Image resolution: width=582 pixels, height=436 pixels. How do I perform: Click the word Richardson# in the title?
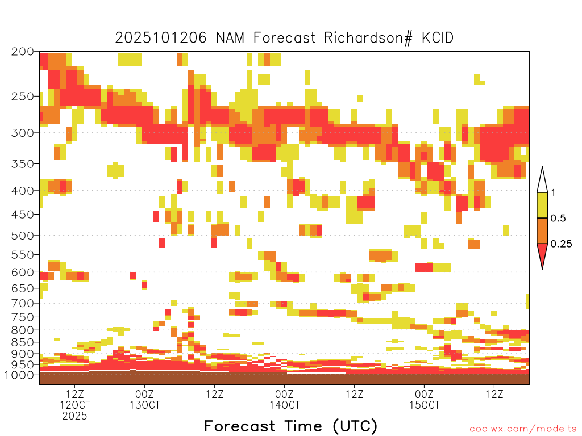click(x=370, y=38)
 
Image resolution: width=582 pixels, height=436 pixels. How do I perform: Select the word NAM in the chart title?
click(x=231, y=38)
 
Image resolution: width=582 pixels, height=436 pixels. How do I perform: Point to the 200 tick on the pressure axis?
click(x=23, y=52)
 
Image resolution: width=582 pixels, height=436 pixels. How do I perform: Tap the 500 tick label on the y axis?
click(x=23, y=235)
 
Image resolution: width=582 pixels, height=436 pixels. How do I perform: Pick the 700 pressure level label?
click(x=23, y=303)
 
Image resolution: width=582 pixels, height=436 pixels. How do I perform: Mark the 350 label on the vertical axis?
click(x=23, y=164)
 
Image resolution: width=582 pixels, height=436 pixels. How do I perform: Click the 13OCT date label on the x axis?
click(x=144, y=405)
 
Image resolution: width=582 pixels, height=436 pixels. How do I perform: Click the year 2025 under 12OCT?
click(x=75, y=416)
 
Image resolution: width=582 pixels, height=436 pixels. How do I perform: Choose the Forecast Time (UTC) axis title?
click(x=290, y=426)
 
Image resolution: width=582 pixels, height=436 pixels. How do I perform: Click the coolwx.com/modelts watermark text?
click(x=523, y=429)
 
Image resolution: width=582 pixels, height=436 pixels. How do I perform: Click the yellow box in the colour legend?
click(x=542, y=206)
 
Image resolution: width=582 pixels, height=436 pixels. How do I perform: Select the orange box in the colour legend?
click(x=542, y=231)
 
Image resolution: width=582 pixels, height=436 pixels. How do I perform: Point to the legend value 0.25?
click(x=561, y=244)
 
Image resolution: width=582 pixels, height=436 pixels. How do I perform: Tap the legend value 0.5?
click(x=558, y=219)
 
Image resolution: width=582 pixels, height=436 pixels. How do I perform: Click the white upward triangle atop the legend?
click(x=542, y=181)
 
